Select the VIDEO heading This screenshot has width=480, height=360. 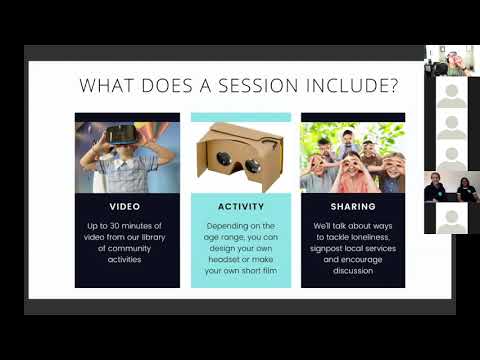click(x=127, y=206)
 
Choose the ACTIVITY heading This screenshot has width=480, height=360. click(x=240, y=206)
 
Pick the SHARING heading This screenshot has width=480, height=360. click(x=353, y=206)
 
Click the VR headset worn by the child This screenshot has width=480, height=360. click(x=123, y=133)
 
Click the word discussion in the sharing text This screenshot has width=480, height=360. click(x=353, y=270)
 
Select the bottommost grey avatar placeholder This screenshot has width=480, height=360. click(x=452, y=219)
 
